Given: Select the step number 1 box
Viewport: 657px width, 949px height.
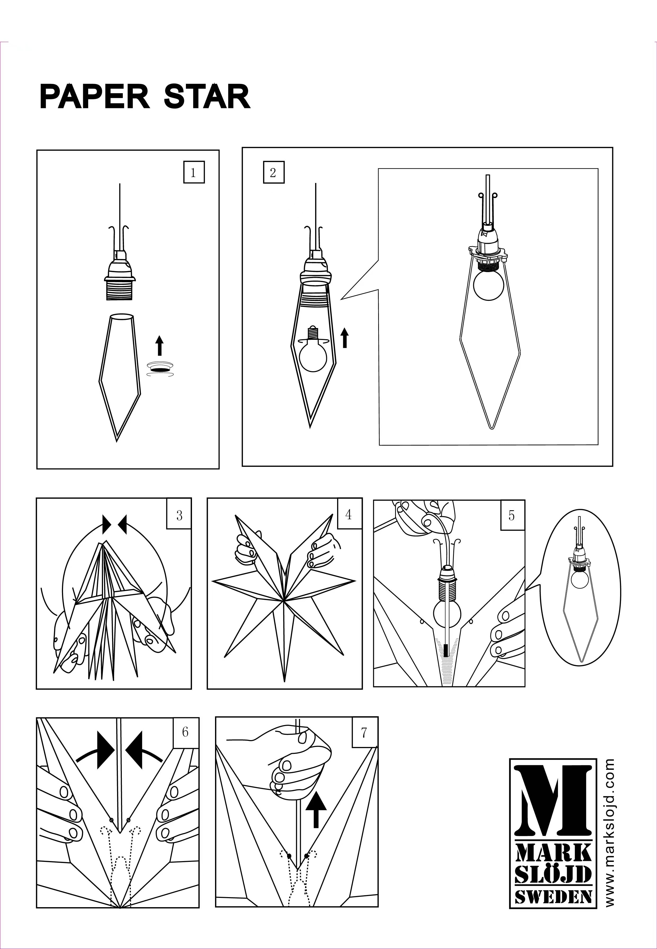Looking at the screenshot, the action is click(x=194, y=173).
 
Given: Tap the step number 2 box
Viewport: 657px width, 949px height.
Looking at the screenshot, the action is click(x=273, y=173).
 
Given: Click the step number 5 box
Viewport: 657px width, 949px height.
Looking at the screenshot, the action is click(x=512, y=515).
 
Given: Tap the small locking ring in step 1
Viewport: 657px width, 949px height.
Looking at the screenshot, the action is click(x=160, y=369).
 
